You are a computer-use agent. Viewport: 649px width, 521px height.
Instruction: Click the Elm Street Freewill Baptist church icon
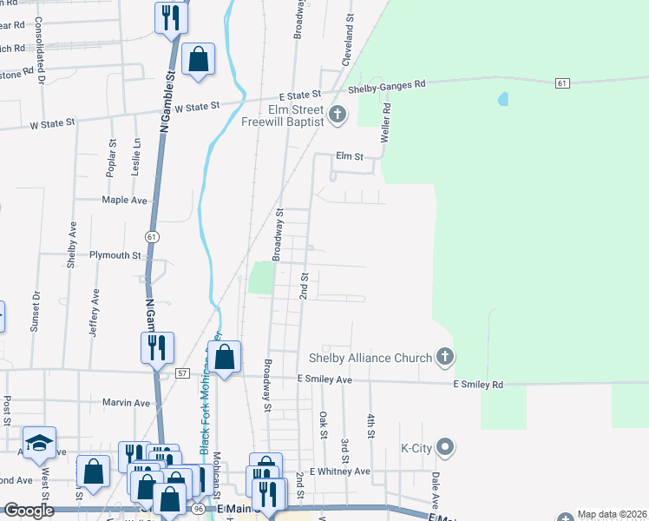[338, 114]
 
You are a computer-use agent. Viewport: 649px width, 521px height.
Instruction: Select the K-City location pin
[446, 448]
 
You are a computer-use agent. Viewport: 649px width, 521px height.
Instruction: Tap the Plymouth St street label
[115, 255]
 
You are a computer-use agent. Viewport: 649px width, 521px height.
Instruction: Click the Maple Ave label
[124, 200]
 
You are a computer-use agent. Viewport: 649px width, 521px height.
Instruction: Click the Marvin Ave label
[127, 402]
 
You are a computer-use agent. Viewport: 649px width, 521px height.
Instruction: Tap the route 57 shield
[181, 373]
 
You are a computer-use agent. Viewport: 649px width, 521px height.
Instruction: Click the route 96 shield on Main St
[199, 508]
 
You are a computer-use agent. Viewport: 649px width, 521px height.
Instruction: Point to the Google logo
[29, 511]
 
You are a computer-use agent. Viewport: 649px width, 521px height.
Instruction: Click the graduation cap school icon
[39, 444]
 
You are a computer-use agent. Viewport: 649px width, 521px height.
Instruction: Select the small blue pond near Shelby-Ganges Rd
[503, 99]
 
